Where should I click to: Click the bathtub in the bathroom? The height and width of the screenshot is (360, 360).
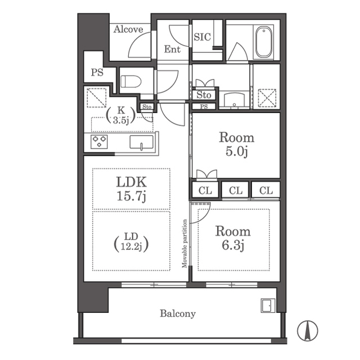pyautogui.click(x=264, y=43)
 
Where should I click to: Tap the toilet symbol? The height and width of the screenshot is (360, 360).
pyautogui.click(x=131, y=82)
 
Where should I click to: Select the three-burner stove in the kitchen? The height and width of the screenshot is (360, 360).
pyautogui.click(x=99, y=142)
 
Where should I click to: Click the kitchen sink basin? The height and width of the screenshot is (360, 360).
pyautogui.click(x=141, y=142)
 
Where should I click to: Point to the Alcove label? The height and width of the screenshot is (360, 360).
pyautogui.click(x=128, y=29)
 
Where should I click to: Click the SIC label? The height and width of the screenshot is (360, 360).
pyautogui.click(x=202, y=37)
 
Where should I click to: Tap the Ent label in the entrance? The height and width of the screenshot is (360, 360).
pyautogui.click(x=172, y=49)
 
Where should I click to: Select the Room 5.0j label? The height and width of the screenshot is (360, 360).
pyautogui.click(x=236, y=145)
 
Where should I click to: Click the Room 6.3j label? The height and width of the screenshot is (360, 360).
pyautogui.click(x=233, y=238)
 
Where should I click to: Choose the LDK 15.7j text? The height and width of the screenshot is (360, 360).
pyautogui.click(x=131, y=189)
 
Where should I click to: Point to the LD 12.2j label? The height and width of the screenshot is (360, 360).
pyautogui.click(x=131, y=242)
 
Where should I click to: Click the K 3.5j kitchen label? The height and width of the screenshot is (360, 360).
pyautogui.click(x=121, y=115)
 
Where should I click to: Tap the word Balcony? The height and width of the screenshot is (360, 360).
pyautogui.click(x=178, y=314)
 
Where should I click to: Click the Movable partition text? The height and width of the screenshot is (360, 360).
pyautogui.click(x=184, y=244)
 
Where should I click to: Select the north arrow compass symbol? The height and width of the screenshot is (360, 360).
pyautogui.click(x=308, y=331)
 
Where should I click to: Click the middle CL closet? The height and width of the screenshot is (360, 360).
pyautogui.click(x=236, y=190)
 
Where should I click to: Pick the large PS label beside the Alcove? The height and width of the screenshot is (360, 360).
pyautogui.click(x=97, y=73)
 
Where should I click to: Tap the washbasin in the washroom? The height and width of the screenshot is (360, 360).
pyautogui.click(x=234, y=100)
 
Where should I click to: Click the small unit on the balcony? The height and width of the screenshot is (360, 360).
pyautogui.click(x=268, y=305)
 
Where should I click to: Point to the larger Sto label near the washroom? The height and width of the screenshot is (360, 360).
pyautogui.click(x=204, y=95)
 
